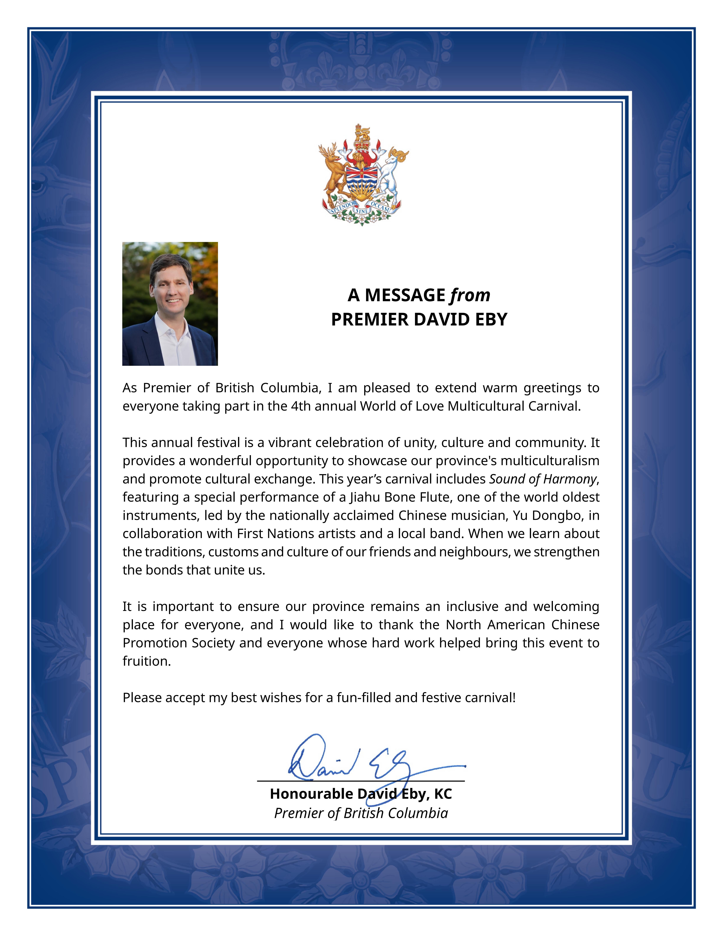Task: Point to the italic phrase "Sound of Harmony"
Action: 543,479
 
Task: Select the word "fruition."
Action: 146,661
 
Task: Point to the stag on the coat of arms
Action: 333,169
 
